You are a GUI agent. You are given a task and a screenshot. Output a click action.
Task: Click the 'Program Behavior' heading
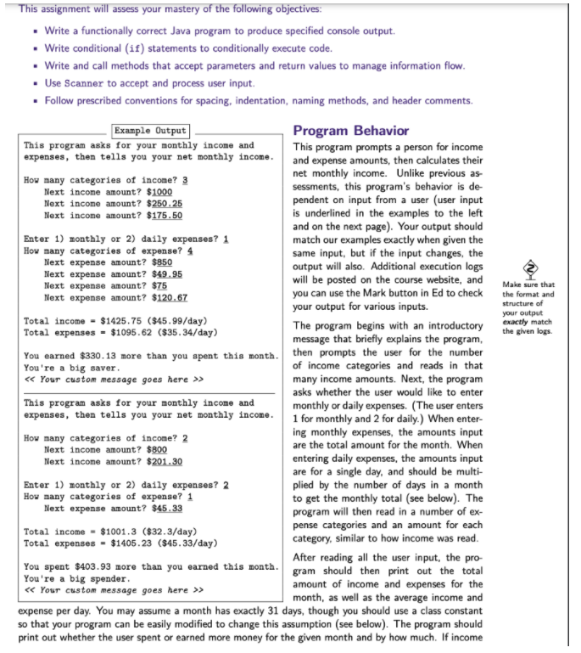coord(350,131)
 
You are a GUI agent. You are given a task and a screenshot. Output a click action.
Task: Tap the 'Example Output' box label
coord(150,131)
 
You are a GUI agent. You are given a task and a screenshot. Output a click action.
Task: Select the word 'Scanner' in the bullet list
coord(87,82)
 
